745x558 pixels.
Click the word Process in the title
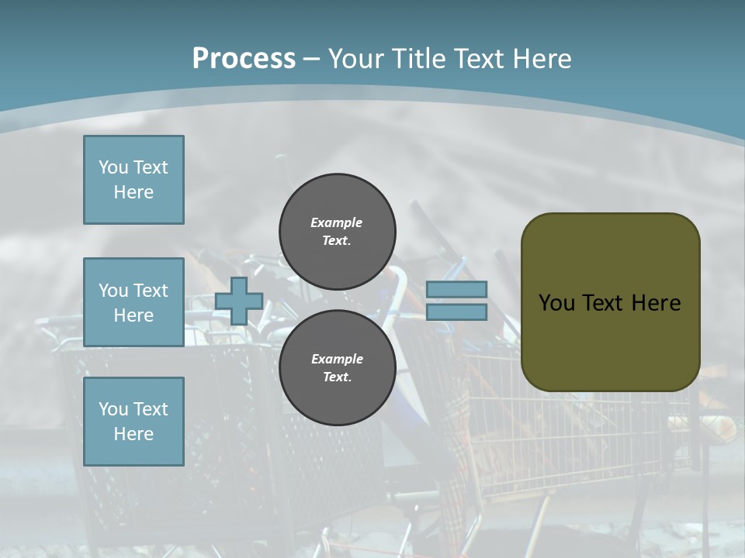[x=244, y=59]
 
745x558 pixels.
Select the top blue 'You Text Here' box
[x=133, y=180]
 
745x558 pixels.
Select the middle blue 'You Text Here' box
[x=133, y=302]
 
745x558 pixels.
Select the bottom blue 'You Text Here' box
[x=133, y=421]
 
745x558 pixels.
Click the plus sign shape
[x=239, y=301]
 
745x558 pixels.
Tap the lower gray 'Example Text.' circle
[x=337, y=367]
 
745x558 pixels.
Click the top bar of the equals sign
[x=456, y=290]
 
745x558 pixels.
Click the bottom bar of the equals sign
[x=456, y=312]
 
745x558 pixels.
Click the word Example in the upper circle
[x=337, y=222]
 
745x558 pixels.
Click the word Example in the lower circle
[x=337, y=359]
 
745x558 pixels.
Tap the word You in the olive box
[x=556, y=303]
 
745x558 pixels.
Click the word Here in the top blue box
[x=133, y=192]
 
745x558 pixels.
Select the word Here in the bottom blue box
[x=133, y=434]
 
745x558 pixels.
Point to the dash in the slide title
[x=311, y=59]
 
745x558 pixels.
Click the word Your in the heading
[x=355, y=59]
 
